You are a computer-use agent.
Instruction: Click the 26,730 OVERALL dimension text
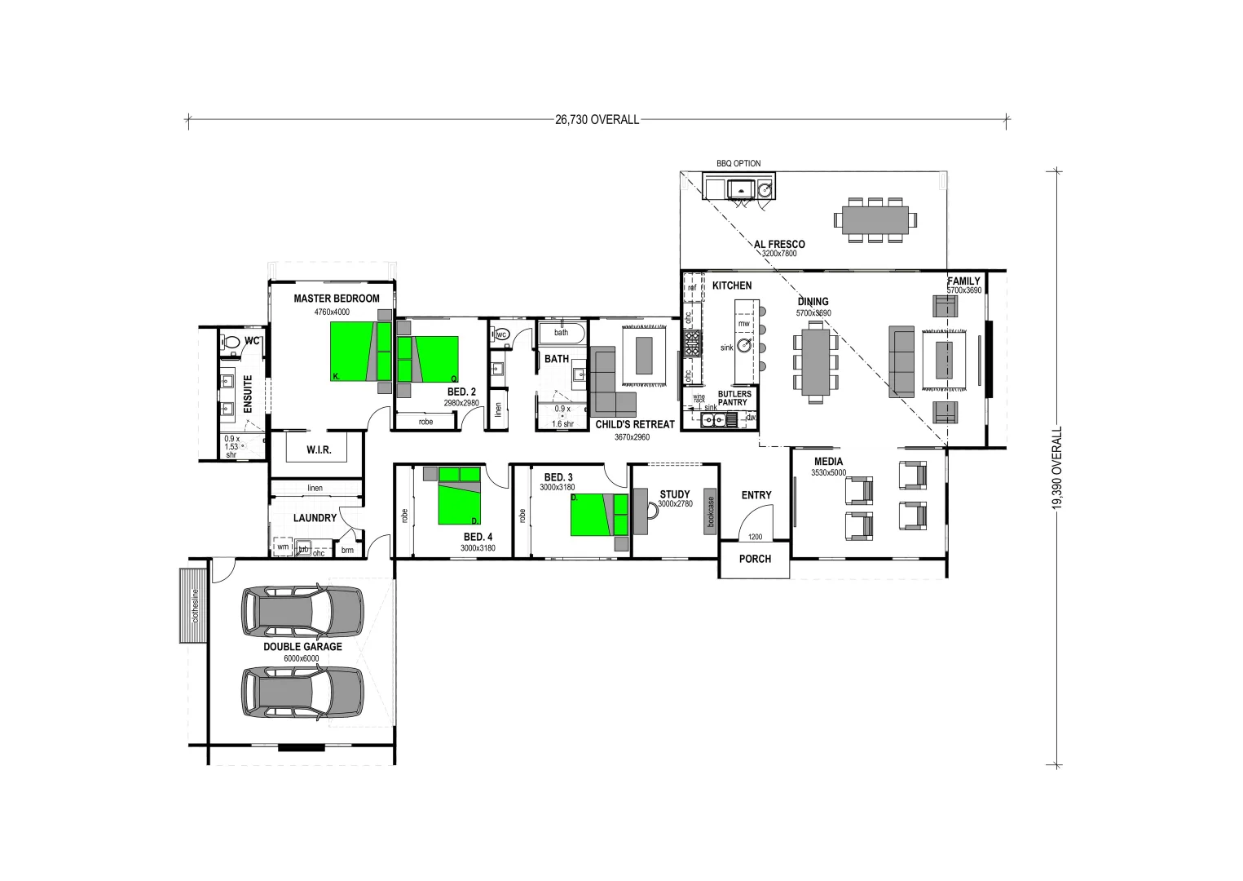click(x=597, y=120)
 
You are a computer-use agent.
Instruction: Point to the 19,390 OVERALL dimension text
click(x=1057, y=468)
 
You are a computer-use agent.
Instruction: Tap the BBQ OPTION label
click(x=738, y=164)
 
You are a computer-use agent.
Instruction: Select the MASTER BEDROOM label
click(x=337, y=299)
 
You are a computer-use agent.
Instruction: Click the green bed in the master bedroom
click(x=352, y=351)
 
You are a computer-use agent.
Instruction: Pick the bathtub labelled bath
click(x=562, y=333)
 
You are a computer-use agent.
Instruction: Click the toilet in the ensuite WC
click(x=231, y=343)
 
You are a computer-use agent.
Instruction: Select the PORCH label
click(x=755, y=560)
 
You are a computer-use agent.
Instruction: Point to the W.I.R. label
click(x=318, y=449)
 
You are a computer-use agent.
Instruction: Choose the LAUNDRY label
click(x=315, y=518)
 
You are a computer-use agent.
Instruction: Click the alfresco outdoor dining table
click(x=871, y=219)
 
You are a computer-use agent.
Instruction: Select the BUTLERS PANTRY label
click(x=734, y=398)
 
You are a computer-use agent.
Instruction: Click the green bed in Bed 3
click(x=588, y=515)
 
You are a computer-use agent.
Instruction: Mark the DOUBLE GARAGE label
click(x=302, y=647)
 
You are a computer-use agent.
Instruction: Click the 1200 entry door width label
click(x=756, y=537)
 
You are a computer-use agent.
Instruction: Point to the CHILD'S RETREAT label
click(x=635, y=424)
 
